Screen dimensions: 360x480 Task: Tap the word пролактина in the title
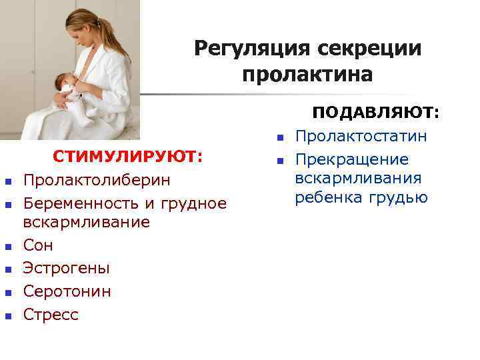click(x=307, y=73)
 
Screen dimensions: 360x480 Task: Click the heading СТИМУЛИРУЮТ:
click(x=128, y=157)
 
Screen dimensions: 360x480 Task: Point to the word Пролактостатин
click(x=361, y=137)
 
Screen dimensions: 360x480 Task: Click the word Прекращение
click(x=352, y=160)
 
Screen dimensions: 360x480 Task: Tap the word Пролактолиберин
click(x=97, y=181)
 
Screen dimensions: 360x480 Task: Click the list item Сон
click(x=38, y=246)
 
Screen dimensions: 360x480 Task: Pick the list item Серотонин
click(x=67, y=291)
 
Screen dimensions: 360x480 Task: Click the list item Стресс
click(x=51, y=314)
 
